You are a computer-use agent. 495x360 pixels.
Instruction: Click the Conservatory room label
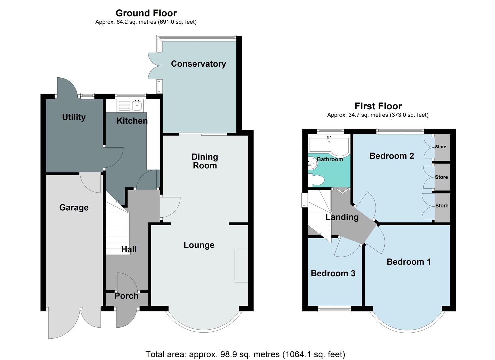click(198, 64)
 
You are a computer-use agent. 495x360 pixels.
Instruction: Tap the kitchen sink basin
click(137, 106)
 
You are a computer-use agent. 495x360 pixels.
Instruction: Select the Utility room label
click(74, 117)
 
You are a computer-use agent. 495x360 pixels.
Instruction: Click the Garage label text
click(74, 207)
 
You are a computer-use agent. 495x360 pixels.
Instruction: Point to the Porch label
click(126, 296)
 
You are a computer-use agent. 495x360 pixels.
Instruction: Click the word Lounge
click(199, 245)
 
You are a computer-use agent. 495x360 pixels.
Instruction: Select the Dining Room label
click(205, 161)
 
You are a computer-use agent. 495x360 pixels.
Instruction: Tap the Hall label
click(129, 249)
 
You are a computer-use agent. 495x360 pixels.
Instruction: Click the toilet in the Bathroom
click(316, 180)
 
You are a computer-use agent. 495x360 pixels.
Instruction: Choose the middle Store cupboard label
click(441, 177)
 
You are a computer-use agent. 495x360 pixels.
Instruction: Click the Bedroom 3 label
click(333, 273)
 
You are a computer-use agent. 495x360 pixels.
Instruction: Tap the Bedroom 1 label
click(409, 262)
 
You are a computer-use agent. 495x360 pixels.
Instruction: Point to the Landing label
click(342, 217)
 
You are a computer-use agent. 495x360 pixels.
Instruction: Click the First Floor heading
click(378, 106)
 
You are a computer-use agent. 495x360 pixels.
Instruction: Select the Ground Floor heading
click(146, 13)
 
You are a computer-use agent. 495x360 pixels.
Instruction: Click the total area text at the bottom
click(245, 354)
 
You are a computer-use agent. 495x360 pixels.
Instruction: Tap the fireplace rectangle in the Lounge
click(241, 266)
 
